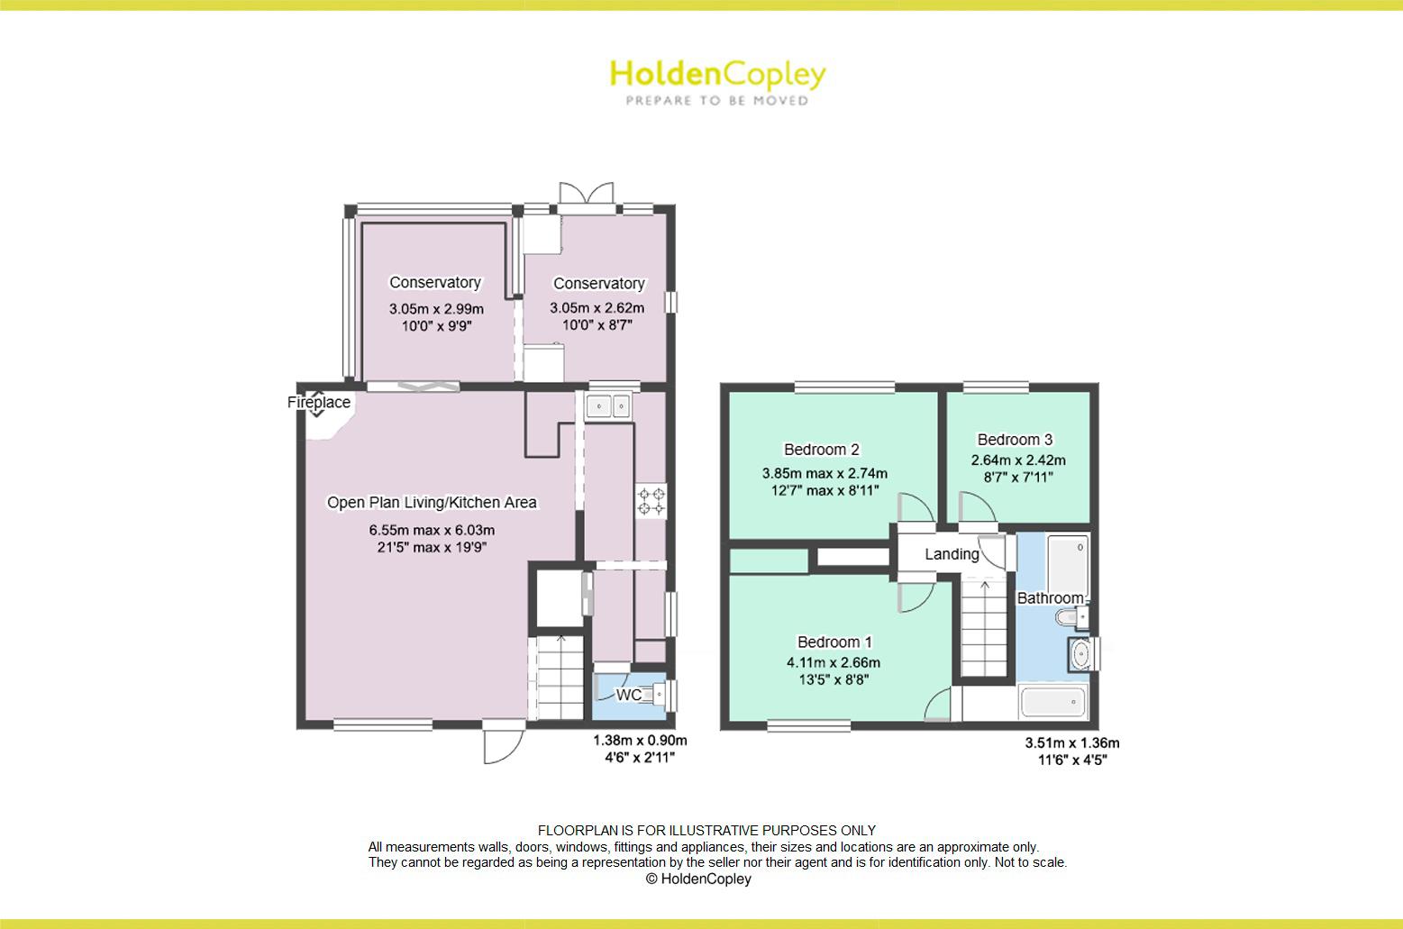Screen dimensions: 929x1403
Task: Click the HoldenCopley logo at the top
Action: tap(717, 81)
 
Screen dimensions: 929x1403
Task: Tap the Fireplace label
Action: tap(319, 403)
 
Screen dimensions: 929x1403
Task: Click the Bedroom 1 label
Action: tap(834, 642)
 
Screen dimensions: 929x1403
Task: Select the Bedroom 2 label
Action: tap(821, 450)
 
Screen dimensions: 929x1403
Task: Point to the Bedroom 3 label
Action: tap(1015, 440)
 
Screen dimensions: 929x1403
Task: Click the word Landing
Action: tap(952, 554)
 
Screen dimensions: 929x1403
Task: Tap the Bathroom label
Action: tap(1050, 598)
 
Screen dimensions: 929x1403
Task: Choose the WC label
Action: tap(628, 696)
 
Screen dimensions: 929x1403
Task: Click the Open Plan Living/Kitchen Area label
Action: tap(432, 503)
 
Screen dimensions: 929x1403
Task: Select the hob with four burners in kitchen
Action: tap(651, 502)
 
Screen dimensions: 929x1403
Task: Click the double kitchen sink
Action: tap(610, 407)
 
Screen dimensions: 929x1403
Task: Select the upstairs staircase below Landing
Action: tap(984, 628)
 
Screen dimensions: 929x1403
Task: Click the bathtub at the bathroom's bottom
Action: tap(1053, 701)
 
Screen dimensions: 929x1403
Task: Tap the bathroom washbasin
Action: tap(1080, 654)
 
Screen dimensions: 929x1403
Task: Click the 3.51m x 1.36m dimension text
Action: tap(1071, 743)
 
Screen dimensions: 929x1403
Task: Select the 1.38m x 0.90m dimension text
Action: tap(640, 741)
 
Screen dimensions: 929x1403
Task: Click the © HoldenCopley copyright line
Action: tap(698, 879)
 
